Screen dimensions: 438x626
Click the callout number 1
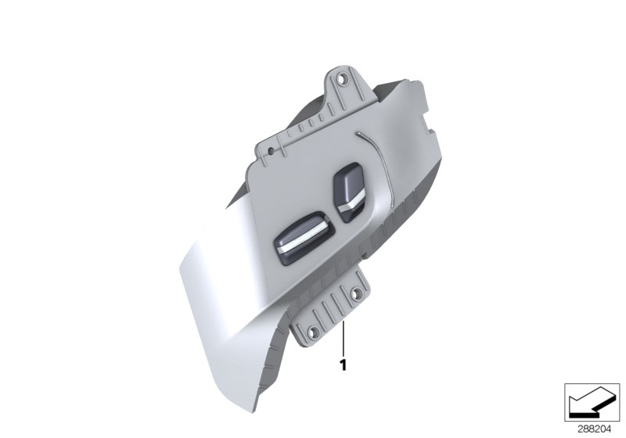(x=343, y=364)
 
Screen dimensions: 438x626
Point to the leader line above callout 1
(x=343, y=336)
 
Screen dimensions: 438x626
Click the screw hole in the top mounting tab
(x=340, y=79)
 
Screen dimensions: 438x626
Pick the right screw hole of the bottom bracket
(x=358, y=295)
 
